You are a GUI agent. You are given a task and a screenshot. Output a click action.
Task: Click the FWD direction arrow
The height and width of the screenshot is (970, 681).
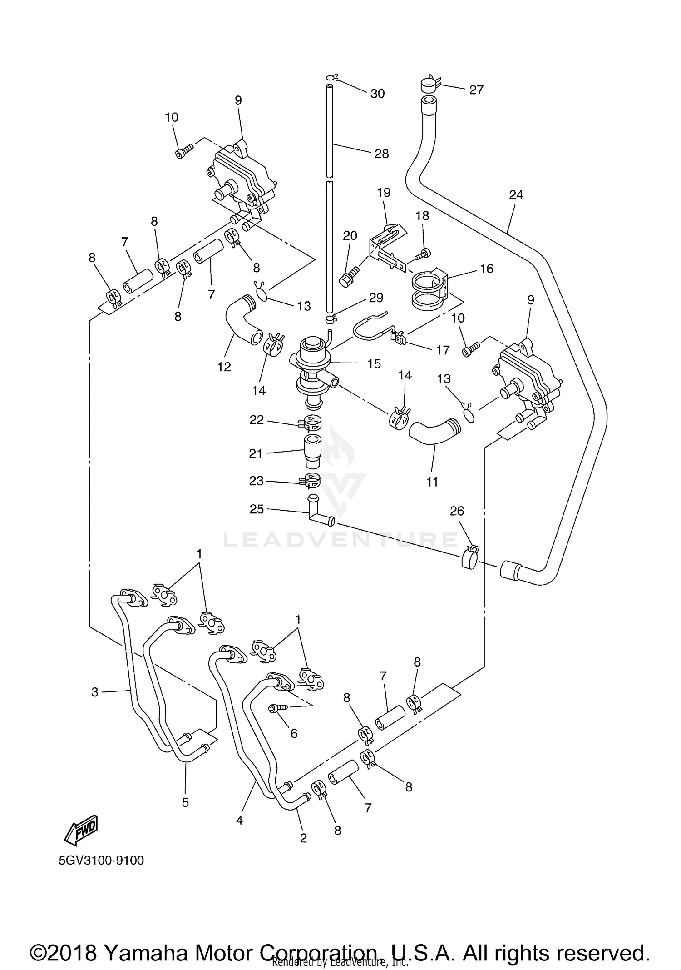pos(81,829)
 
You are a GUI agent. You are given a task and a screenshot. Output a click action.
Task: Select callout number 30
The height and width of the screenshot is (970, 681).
pos(377,94)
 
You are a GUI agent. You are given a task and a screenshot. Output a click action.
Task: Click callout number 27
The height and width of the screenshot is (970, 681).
pos(476,90)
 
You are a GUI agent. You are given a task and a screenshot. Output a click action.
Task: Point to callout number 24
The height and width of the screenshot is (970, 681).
pos(516,195)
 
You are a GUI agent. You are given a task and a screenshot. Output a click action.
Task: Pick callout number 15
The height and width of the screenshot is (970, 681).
pos(374,363)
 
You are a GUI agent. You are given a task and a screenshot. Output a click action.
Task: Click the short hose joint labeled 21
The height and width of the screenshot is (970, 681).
pos(311,452)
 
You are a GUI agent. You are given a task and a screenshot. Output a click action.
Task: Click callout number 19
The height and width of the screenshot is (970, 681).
pos(384,193)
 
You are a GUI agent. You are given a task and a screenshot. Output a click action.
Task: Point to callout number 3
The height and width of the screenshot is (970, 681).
pos(94,692)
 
